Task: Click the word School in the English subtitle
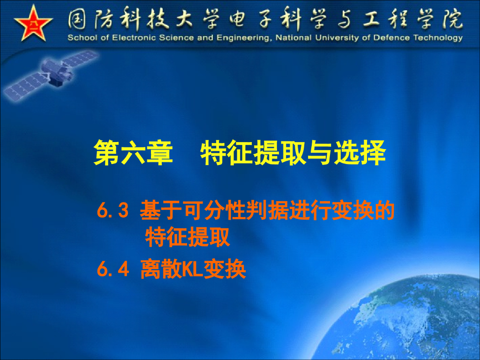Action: point(79,38)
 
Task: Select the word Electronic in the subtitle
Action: point(120,38)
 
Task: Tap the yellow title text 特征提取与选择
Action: point(293,153)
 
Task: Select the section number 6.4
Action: point(112,270)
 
